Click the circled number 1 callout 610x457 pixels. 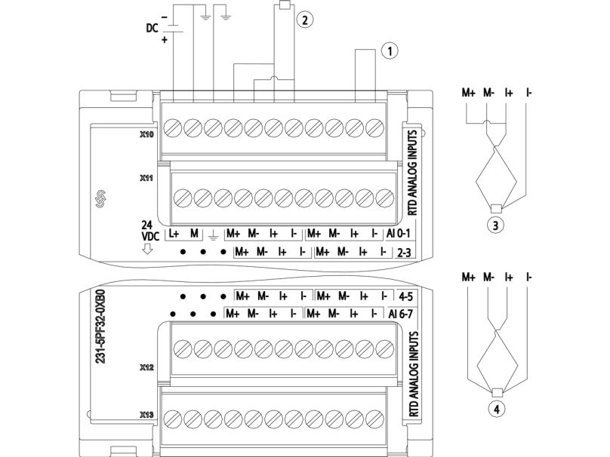(x=390, y=51)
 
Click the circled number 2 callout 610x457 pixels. (x=304, y=20)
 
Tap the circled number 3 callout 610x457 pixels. (x=495, y=225)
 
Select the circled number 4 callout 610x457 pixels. (x=497, y=409)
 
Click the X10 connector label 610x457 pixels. (x=146, y=135)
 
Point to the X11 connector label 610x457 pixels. (x=146, y=179)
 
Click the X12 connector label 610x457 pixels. (x=146, y=367)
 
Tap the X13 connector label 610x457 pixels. (x=146, y=415)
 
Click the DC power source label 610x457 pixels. (x=152, y=28)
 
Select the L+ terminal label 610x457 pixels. (x=173, y=234)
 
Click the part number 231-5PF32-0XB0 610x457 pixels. (x=100, y=327)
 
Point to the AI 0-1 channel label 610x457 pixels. (x=398, y=234)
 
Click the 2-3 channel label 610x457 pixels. (x=404, y=253)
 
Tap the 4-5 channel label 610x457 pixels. (x=405, y=296)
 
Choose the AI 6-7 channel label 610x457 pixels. (x=400, y=313)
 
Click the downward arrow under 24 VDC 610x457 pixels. (x=147, y=248)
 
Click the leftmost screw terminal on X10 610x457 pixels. (x=173, y=128)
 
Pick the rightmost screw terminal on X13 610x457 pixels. (x=374, y=419)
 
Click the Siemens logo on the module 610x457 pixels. (x=101, y=198)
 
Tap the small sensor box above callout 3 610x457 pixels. (x=496, y=208)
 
